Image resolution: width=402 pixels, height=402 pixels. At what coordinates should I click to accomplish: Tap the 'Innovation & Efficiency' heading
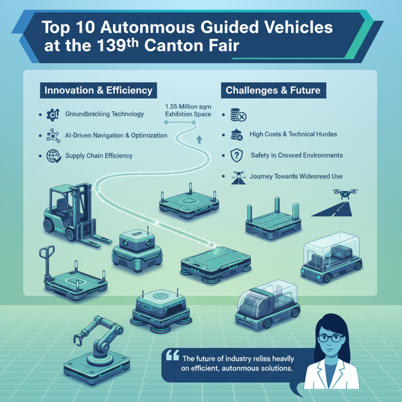point(98,91)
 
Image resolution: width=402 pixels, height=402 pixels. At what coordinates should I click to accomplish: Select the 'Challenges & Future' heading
point(273,91)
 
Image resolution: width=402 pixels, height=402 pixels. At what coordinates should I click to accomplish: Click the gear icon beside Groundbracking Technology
point(53,115)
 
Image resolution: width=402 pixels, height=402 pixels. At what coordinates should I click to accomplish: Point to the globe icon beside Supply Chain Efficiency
point(53,156)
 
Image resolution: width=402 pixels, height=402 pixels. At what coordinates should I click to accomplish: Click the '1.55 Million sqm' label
point(188,107)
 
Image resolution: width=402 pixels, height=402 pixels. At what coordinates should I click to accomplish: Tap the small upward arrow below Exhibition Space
point(199,138)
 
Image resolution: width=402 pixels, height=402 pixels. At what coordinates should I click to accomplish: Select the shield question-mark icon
point(236,156)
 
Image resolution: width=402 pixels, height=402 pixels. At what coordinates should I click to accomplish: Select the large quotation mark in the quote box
point(172,355)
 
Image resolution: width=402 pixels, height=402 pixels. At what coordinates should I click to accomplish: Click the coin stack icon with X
point(237,115)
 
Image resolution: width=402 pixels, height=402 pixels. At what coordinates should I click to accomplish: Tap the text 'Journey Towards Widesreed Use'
point(296,176)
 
